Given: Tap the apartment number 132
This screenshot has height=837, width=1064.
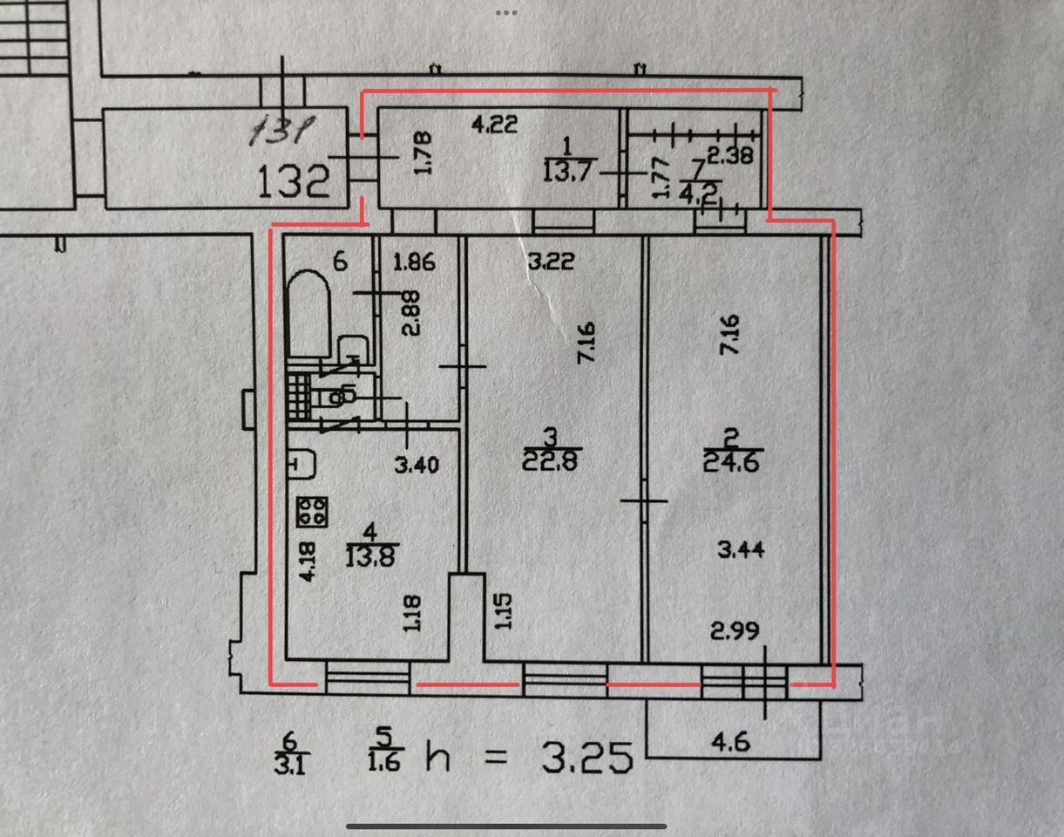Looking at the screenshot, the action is click(295, 181).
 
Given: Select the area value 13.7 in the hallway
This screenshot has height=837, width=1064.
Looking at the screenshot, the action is click(567, 171).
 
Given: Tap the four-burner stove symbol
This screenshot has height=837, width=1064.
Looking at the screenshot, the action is click(310, 510).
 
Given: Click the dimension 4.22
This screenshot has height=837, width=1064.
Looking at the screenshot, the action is click(494, 125).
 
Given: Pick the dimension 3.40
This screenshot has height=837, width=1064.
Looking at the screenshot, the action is click(417, 466).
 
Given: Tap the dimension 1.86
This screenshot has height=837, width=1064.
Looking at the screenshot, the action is click(413, 261).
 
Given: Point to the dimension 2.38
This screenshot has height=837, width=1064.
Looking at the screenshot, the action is click(728, 158).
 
